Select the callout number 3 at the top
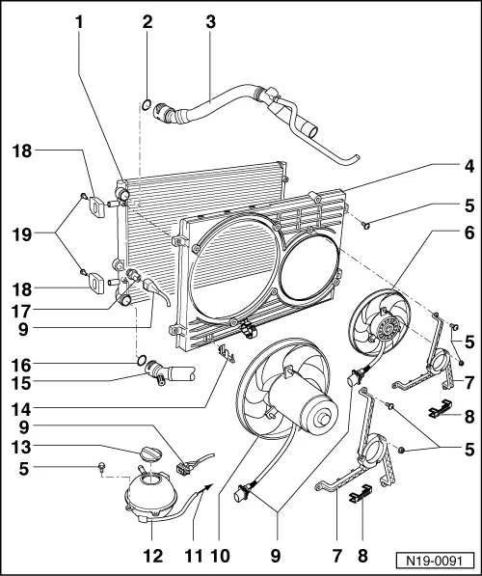coord(210,19)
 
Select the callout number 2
coord(147,19)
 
